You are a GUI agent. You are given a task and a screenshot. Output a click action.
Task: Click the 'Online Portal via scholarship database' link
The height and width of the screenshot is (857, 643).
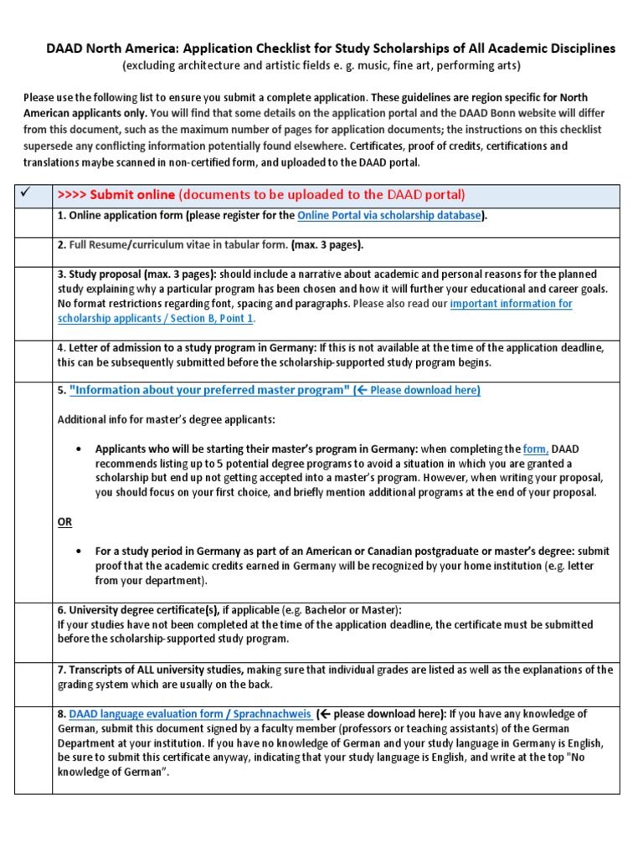pos(390,216)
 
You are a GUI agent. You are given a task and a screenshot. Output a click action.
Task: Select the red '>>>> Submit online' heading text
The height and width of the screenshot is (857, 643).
pos(116,195)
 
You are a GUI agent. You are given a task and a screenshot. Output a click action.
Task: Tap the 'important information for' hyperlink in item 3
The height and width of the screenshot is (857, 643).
pos(511,304)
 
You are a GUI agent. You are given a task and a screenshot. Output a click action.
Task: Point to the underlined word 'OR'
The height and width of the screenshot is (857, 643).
pos(64,521)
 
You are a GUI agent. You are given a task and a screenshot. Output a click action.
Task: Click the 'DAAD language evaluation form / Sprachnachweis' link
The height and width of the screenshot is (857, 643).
pos(190,714)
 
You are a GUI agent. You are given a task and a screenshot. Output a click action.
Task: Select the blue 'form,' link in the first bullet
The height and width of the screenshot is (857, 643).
pos(536,449)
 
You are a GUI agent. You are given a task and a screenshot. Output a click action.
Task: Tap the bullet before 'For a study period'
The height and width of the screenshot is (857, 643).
pos(78,552)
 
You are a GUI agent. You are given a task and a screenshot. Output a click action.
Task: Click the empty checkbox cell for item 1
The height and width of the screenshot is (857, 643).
pos(33,222)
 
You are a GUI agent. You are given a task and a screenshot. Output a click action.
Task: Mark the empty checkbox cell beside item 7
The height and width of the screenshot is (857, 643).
pos(33,684)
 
